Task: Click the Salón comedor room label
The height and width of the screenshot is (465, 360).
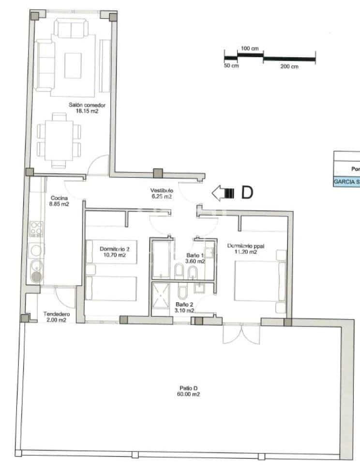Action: pyautogui.click(x=87, y=108)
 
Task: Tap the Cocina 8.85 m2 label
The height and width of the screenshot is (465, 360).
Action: pyautogui.click(x=60, y=201)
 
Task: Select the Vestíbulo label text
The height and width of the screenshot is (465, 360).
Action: pyautogui.click(x=161, y=194)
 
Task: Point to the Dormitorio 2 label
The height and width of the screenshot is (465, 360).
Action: pyautogui.click(x=115, y=251)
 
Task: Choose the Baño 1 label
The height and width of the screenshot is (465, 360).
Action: pyautogui.click(x=196, y=258)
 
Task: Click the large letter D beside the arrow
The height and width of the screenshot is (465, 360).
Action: pyautogui.click(x=247, y=193)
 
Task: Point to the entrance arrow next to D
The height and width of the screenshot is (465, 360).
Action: pyautogui.click(x=223, y=193)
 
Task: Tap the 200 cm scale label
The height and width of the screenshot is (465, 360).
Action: pyautogui.click(x=289, y=66)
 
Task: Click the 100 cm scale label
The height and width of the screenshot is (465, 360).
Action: pyautogui.click(x=250, y=49)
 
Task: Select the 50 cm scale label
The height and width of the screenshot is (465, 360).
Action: pyautogui.click(x=231, y=66)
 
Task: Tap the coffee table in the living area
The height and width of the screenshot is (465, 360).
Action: pyautogui.click(x=73, y=63)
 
